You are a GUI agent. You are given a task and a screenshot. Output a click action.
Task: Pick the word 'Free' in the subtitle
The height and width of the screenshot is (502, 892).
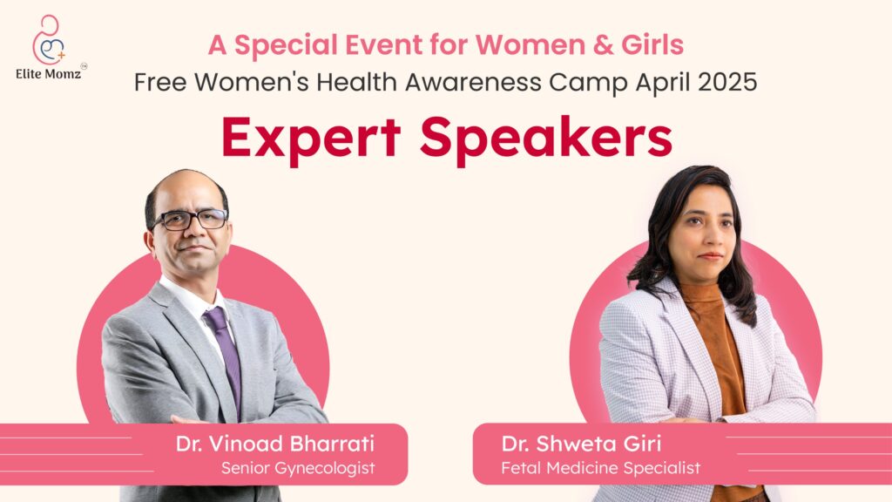[161, 83]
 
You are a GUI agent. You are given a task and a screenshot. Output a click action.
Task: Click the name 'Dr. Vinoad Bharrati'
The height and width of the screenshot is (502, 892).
[274, 444]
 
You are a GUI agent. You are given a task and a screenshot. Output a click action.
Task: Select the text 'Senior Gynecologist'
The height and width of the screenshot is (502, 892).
[298, 469]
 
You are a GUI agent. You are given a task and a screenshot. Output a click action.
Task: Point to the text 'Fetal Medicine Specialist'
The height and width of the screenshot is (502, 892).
[600, 469]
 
